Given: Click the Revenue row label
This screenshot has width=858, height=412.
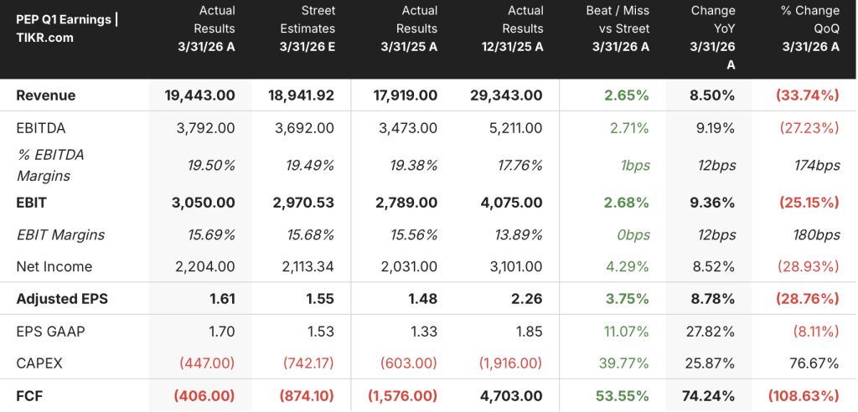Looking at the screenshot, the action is [x=46, y=95].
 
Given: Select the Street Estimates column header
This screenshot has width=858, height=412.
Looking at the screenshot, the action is [x=308, y=28].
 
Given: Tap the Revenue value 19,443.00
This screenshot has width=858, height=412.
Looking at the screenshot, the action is [x=199, y=95].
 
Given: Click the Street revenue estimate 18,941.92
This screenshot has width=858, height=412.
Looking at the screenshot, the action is [x=302, y=95].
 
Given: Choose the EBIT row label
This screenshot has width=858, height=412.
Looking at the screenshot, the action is [x=31, y=203].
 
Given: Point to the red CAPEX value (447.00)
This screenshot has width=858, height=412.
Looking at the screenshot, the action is [x=204, y=363].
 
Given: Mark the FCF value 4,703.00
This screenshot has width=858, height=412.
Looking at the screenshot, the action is [x=509, y=395].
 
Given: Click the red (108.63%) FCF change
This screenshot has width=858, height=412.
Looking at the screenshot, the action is [x=804, y=395].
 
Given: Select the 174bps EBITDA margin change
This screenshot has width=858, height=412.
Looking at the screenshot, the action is [x=817, y=165].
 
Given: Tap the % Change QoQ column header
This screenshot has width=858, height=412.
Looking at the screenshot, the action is [x=810, y=28].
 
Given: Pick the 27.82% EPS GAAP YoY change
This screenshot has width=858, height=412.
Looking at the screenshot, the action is [x=711, y=331].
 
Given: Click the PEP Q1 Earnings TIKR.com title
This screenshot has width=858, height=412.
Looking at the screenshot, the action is [x=67, y=28].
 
